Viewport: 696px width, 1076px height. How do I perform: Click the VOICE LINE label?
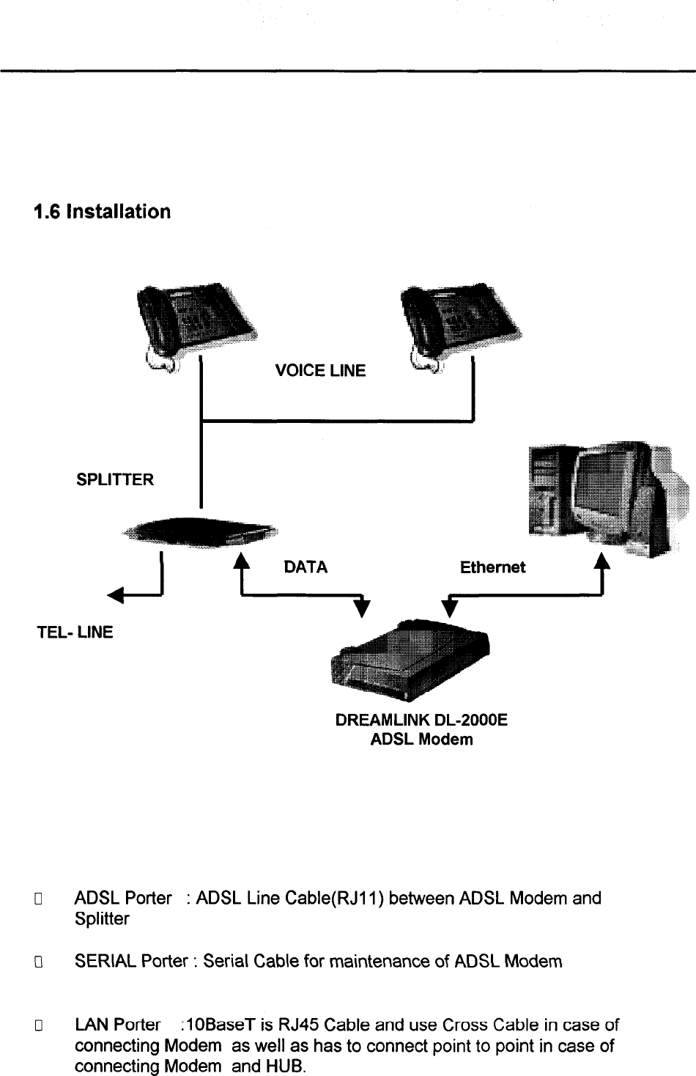[319, 371]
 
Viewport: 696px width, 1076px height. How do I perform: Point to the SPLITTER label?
[115, 480]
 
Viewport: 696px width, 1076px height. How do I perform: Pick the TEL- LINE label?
[75, 632]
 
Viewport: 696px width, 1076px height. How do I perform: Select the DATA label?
[305, 567]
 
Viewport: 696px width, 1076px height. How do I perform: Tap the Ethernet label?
[492, 567]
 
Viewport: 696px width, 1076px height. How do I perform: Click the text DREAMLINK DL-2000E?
[421, 721]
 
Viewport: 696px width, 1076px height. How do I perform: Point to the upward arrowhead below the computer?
[601, 561]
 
